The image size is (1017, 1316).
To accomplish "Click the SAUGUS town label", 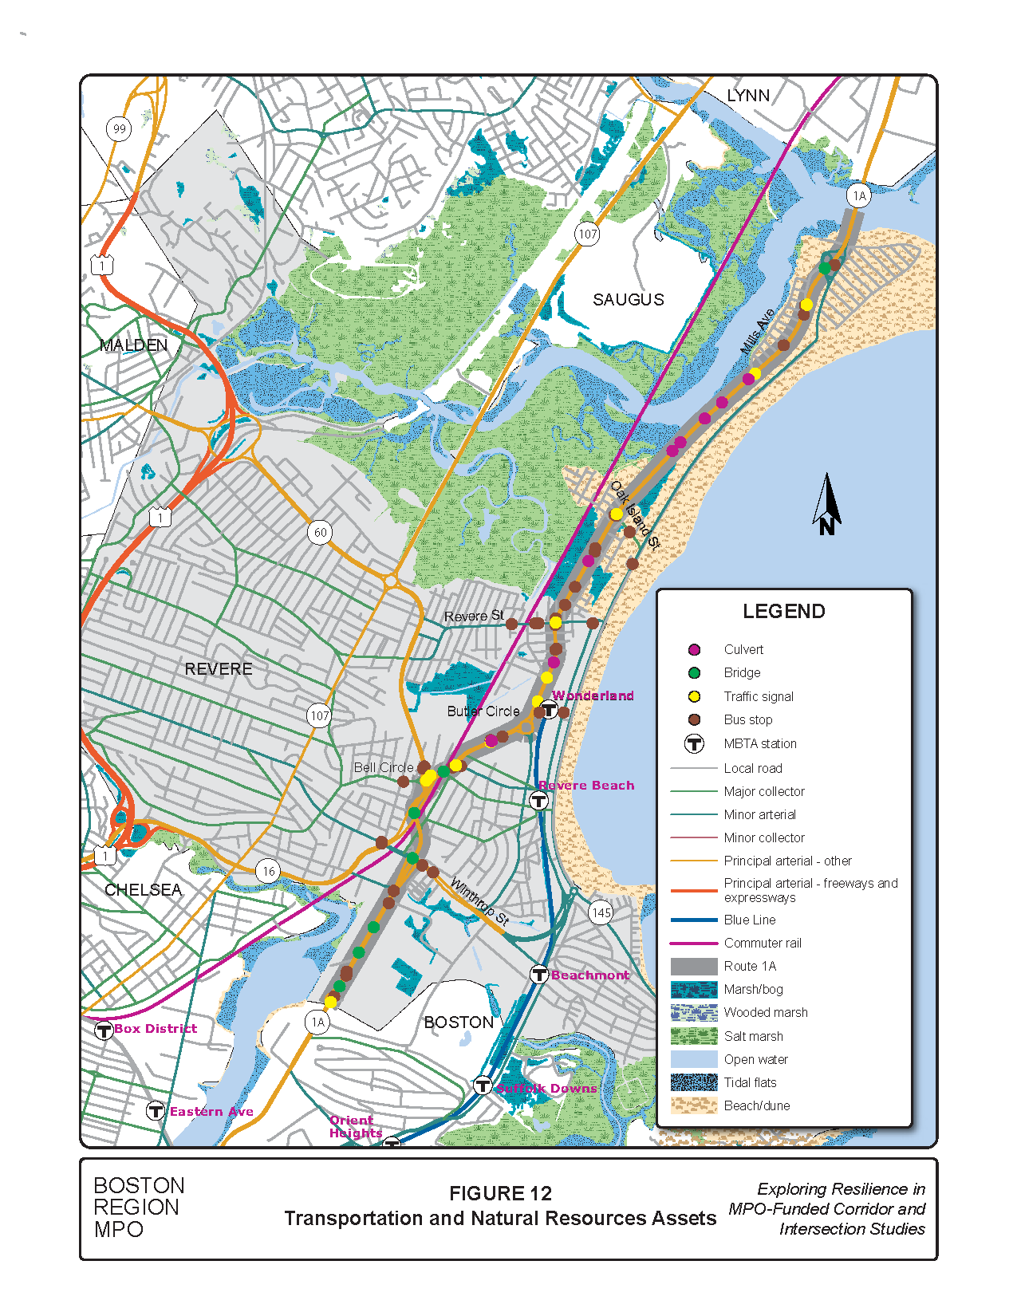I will point(628,300).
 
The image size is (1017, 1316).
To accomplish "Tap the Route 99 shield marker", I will point(119,128).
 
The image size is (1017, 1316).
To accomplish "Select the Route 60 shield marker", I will point(320,533).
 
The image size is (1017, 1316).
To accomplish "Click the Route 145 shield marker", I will point(601,912).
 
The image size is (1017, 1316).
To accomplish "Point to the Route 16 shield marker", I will point(269,871).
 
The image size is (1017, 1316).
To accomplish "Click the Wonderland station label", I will point(593,695).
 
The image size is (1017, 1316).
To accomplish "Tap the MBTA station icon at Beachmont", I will point(539,975).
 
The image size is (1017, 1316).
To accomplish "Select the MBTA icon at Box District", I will point(104,1030).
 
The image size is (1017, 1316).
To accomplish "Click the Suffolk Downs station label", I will point(546,1088).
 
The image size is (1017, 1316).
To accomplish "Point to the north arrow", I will point(827,504).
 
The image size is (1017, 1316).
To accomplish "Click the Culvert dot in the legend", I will point(694,650).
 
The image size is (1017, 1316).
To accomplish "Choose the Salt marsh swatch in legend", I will point(694,1036).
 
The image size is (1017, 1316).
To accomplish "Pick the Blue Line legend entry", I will point(749,920).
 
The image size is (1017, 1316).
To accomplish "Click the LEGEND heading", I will point(783,612).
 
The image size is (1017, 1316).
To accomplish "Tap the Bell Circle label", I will point(383,767).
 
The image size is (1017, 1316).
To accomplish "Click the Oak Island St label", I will point(636,515).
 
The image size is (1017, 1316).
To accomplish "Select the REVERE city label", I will point(218,669).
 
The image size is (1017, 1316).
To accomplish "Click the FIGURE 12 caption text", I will point(500,1193).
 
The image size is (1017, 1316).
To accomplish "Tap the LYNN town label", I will point(747,96).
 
